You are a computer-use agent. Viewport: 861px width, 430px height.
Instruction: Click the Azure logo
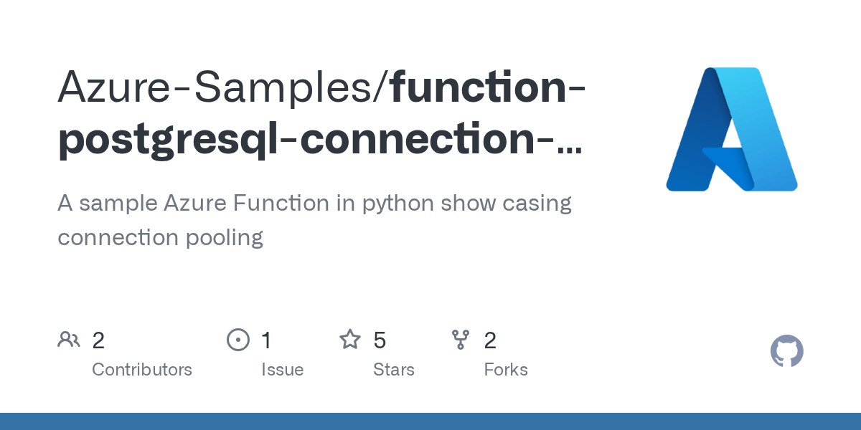point(731,130)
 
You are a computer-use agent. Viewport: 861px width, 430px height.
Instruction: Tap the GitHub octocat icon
point(786,352)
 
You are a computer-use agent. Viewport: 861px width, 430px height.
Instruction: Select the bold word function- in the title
point(487,86)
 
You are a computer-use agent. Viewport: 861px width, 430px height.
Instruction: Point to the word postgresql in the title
point(173,139)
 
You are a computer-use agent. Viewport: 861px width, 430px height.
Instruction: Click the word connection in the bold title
point(420,139)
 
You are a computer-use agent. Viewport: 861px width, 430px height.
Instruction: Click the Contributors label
point(142,370)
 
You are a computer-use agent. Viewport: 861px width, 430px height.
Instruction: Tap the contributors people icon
point(69,340)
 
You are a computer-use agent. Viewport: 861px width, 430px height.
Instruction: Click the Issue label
point(282,370)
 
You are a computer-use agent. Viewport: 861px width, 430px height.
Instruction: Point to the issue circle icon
point(237,340)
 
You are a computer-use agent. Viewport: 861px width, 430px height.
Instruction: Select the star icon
point(350,340)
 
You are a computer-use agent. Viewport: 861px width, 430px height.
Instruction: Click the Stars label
point(394,370)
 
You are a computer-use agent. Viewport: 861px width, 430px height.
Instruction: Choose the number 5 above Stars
point(380,340)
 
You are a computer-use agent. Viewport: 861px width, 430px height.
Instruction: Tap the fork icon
point(461,340)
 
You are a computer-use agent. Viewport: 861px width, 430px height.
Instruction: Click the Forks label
point(506,370)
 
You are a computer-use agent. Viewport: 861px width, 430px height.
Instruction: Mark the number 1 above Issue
point(266,340)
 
